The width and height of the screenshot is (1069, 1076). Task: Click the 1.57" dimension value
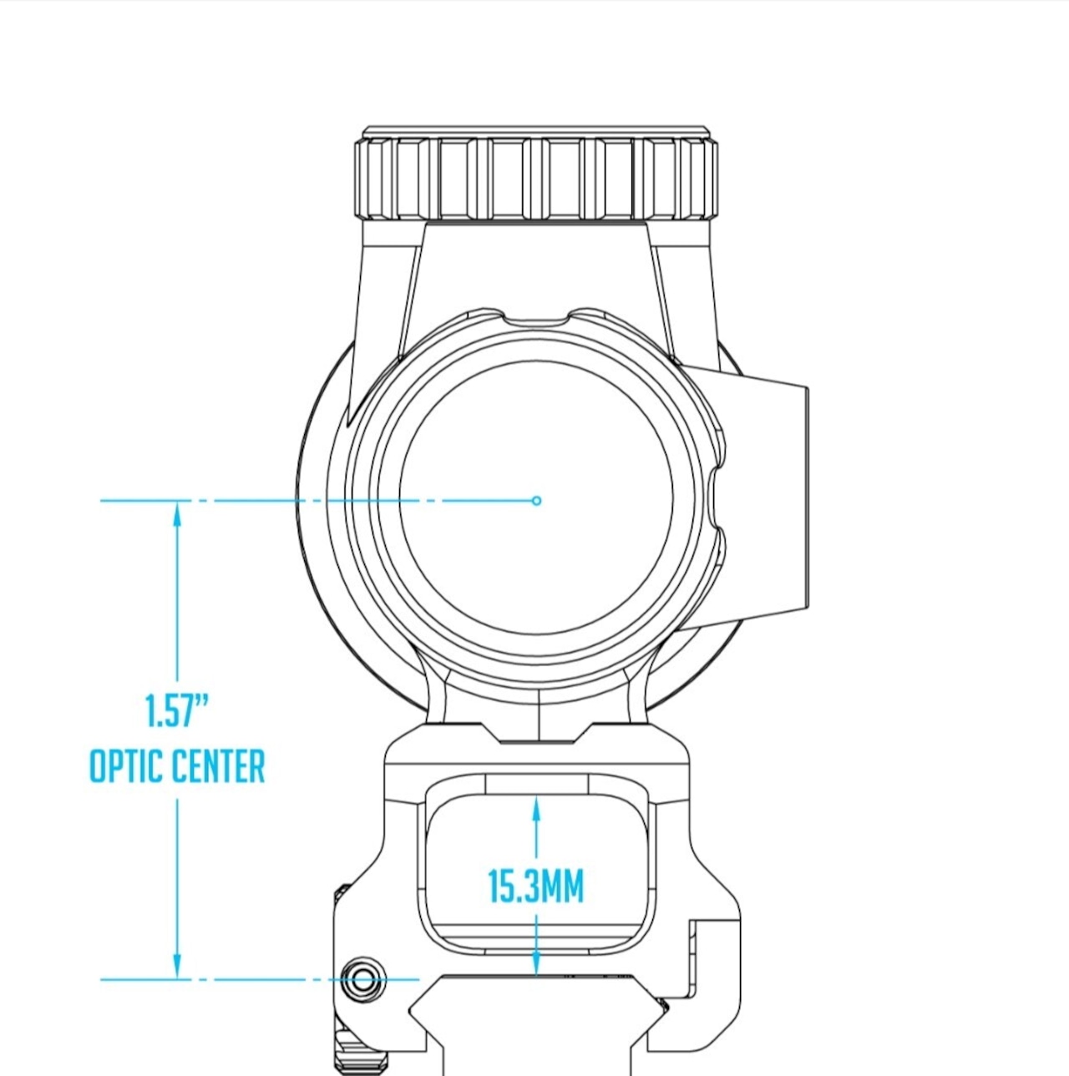(176, 711)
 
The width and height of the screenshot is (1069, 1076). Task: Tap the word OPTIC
(126, 766)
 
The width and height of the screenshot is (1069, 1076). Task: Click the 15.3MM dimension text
(535, 887)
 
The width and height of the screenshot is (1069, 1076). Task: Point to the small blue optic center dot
(537, 501)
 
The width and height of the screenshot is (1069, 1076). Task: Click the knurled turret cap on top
(536, 178)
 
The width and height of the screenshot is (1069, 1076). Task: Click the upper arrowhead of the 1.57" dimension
(176, 513)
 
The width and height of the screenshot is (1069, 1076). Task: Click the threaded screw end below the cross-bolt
(361, 1056)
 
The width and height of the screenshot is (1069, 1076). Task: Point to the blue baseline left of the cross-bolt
(217, 979)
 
